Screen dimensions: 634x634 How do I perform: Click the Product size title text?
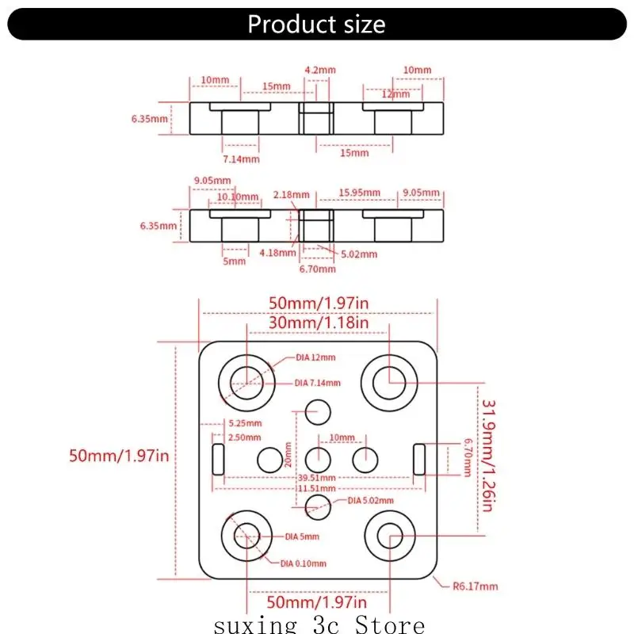tap(316, 24)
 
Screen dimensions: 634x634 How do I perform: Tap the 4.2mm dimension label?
tap(319, 70)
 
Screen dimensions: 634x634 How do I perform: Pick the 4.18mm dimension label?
tap(277, 253)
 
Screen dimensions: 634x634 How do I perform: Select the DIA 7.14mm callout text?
tap(317, 383)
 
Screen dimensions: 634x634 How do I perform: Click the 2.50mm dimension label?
tap(243, 437)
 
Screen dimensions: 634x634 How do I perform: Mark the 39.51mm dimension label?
tap(317, 478)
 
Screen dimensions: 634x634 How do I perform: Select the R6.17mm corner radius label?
tap(475, 586)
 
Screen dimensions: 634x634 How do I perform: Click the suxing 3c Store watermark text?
tap(319, 624)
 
